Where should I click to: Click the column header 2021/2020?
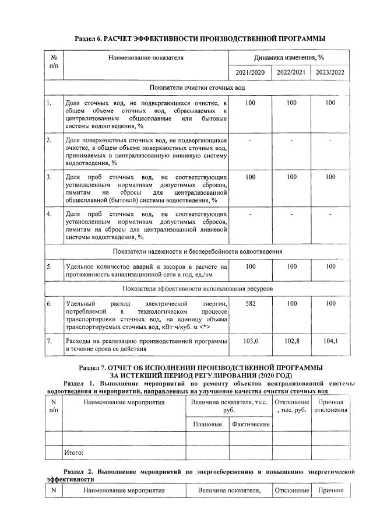pos(251,73)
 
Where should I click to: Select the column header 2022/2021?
pos(292,73)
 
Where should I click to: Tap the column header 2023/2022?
pos(330,73)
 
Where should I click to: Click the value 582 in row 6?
pos(251,304)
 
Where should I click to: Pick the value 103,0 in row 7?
pos(251,340)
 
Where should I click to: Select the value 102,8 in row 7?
pos(292,340)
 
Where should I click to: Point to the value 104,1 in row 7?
pos(330,340)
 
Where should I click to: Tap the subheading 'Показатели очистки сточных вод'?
pos(197,87)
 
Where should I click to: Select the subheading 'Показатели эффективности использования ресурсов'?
pos(197,289)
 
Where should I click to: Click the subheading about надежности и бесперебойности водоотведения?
pos(197,251)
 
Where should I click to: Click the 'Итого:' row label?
pos(74,453)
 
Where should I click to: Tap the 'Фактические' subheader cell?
pos(250,424)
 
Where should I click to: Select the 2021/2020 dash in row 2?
pos(251,141)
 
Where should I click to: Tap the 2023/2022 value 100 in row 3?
pos(330,176)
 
